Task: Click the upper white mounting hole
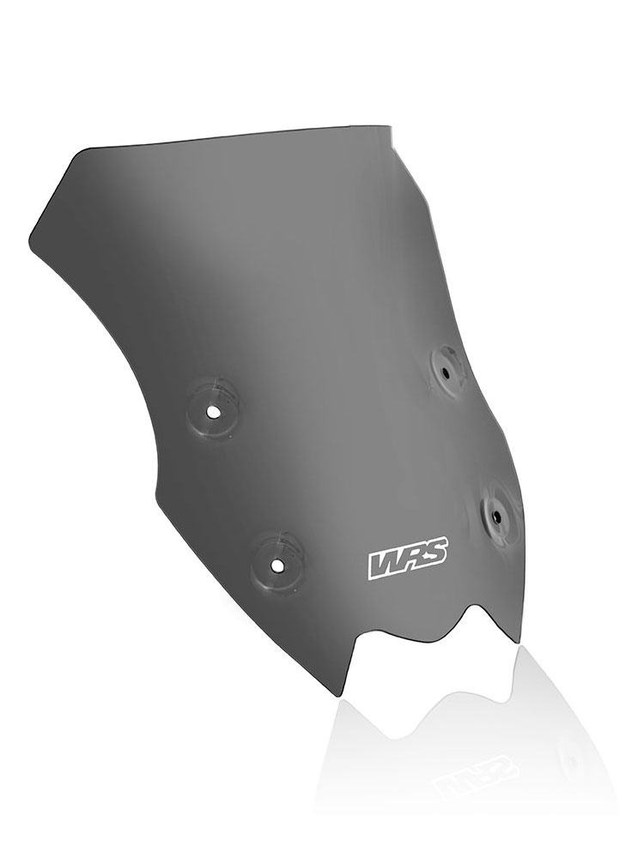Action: tap(212, 410)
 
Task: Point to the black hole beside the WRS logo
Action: tap(495, 516)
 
